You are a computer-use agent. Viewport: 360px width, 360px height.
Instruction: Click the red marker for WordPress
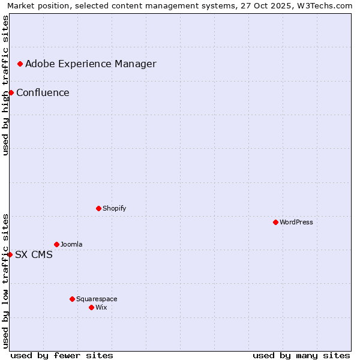[x=275, y=222]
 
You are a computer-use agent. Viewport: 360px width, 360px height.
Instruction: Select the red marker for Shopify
[x=98, y=208]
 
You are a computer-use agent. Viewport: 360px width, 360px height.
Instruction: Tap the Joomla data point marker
[x=56, y=244]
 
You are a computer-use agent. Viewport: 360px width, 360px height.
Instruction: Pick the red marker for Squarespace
[x=72, y=299]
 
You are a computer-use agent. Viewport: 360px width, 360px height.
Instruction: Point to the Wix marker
[x=91, y=307]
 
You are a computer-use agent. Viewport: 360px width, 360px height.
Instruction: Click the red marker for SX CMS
[x=10, y=254]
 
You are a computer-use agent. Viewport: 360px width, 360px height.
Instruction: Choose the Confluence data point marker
[x=11, y=92]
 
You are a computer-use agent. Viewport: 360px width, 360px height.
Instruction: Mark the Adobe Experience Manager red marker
[x=20, y=64]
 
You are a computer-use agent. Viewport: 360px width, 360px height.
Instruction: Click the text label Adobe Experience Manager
[x=91, y=64]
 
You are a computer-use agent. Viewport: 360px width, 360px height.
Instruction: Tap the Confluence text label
[x=43, y=92]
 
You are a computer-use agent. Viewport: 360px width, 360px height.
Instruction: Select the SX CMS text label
[x=34, y=254]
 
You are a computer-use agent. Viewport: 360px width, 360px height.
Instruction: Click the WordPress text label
[x=296, y=222]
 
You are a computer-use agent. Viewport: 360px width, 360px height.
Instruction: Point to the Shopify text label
[x=114, y=208]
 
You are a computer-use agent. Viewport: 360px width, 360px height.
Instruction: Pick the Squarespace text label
[x=97, y=299]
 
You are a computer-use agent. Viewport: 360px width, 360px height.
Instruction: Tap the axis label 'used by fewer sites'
[x=62, y=355]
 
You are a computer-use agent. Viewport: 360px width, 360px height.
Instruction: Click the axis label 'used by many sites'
[x=301, y=355]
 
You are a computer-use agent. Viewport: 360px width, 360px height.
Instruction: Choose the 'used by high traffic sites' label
[x=5, y=86]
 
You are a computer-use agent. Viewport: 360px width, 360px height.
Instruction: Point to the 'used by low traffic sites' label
[x=5, y=281]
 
